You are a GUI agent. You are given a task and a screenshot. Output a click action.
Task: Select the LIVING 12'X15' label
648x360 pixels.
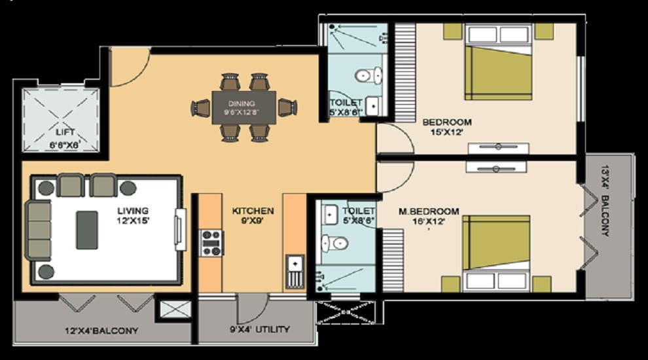[x=133, y=215]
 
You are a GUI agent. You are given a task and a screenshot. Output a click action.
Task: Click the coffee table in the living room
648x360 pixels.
[x=87, y=230]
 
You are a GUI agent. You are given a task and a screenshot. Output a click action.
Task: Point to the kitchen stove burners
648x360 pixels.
[x=211, y=242]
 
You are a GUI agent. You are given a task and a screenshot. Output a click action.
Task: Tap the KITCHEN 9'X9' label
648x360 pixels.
[x=253, y=216]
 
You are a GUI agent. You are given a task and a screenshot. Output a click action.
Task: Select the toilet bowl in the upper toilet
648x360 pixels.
[x=368, y=76]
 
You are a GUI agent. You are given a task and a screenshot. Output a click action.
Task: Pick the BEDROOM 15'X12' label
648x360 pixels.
[x=447, y=127]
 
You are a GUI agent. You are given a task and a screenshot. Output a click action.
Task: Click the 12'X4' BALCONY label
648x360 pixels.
[x=102, y=331]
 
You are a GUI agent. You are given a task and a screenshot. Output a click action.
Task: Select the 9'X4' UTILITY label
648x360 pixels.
[x=260, y=329]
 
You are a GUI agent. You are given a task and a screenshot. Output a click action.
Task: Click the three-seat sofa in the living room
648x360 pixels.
[x=39, y=230]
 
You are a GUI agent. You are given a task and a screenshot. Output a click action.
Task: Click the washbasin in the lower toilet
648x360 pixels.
[x=329, y=214]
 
